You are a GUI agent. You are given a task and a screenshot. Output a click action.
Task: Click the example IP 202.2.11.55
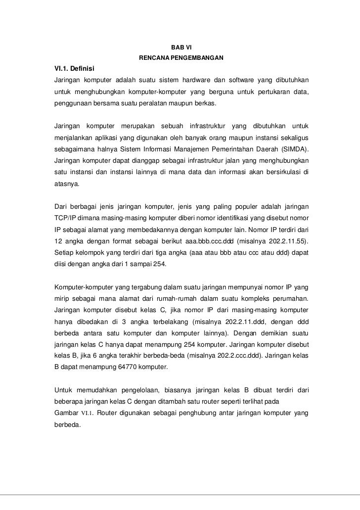[289, 242]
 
